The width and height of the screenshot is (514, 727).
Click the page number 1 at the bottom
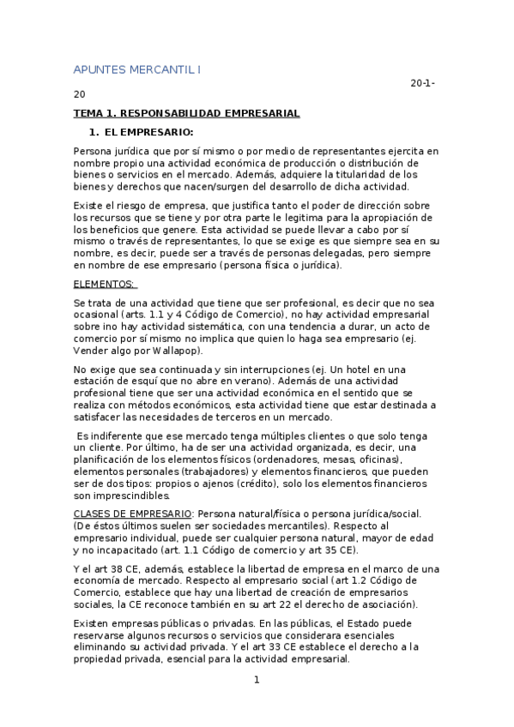[256, 681]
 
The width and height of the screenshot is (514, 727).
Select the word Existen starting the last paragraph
[93, 622]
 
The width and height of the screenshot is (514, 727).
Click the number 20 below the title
[80, 94]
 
